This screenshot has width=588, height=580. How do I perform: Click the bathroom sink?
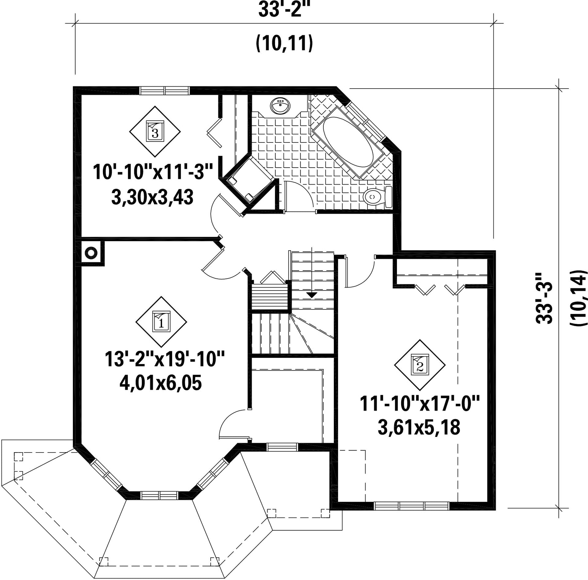pos(280,106)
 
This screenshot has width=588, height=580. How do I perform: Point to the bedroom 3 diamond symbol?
pos(155,131)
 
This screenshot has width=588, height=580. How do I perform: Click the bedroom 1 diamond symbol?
pos(161,322)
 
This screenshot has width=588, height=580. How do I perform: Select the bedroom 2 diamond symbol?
pos(420,365)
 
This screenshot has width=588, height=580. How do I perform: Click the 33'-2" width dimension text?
pos(284,10)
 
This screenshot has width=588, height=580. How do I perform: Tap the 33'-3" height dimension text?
pos(544,298)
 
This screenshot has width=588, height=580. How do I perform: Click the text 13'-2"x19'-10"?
pos(165,359)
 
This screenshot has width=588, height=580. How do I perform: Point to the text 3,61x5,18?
pos(419,427)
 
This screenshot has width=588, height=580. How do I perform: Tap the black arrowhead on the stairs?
pos(312,295)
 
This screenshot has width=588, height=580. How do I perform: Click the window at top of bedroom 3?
pos(165,90)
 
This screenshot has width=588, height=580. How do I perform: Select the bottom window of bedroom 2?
pos(412,506)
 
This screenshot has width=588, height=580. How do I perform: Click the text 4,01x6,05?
pos(161,383)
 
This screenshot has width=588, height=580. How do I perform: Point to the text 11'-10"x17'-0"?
pos(419,404)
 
